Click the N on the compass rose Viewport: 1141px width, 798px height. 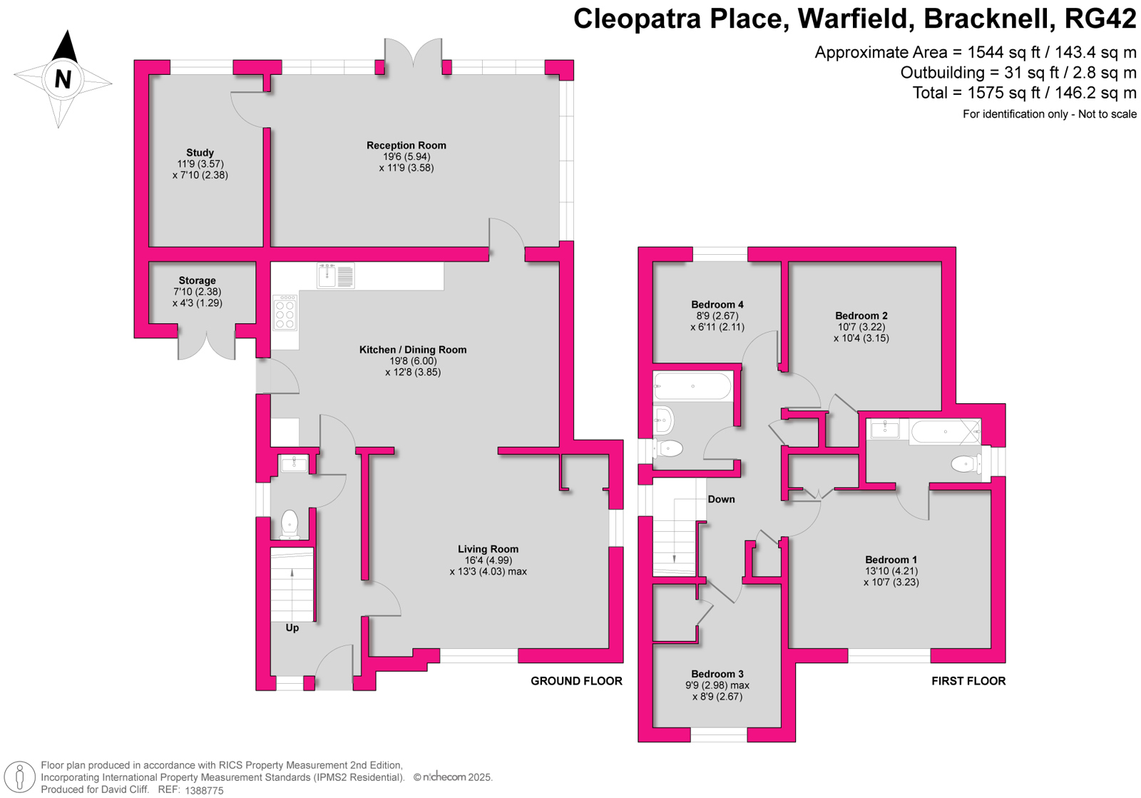[63, 79]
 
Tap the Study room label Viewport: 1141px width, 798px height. [200, 153]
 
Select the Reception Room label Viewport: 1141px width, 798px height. [406, 146]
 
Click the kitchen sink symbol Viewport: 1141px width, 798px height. [336, 276]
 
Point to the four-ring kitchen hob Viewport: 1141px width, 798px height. [285, 313]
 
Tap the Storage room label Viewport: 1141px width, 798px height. [197, 281]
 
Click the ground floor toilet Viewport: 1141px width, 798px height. [290, 524]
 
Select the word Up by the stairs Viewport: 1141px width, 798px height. [292, 627]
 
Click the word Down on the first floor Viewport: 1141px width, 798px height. [721, 499]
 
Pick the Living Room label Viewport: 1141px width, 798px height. [488, 549]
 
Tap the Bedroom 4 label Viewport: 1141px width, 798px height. [717, 304]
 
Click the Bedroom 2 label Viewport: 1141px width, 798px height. [861, 315]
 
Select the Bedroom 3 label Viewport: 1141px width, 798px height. [717, 674]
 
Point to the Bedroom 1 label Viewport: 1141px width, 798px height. [891, 560]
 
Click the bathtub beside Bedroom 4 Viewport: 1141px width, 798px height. [692, 386]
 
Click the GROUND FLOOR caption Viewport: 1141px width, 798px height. [577, 681]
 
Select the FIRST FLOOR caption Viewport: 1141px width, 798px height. [969, 681]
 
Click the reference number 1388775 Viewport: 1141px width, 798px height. [204, 790]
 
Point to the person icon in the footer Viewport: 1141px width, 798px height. [19, 777]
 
